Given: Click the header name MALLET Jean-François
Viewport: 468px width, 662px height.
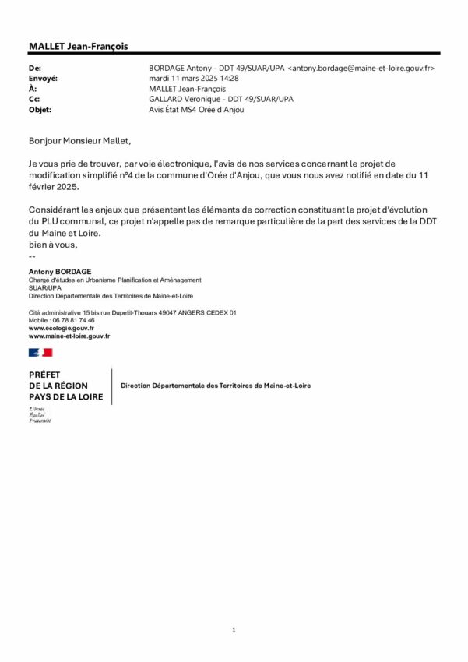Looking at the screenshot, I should [78, 47].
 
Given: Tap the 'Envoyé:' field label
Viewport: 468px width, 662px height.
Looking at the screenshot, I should [44, 79].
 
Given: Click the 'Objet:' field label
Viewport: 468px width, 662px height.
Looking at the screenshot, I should [40, 110].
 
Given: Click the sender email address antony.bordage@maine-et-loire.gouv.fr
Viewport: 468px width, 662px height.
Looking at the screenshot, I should [361, 69].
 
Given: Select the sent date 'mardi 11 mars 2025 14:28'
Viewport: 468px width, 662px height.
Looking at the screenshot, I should [194, 79].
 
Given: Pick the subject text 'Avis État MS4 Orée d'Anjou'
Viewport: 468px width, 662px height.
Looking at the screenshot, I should [195, 110].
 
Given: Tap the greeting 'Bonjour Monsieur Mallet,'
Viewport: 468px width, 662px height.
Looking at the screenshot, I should [81, 142].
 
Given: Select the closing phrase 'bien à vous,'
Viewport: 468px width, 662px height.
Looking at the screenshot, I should [53, 245].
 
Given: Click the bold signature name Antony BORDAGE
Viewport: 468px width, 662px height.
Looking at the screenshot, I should [60, 271].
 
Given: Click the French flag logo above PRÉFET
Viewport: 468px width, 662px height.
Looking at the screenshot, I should [40, 353].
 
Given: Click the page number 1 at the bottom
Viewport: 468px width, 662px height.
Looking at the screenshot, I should [234, 629].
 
